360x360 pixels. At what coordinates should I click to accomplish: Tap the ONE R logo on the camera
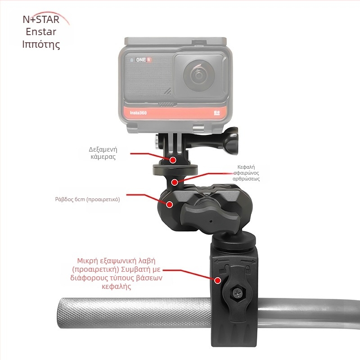(139, 59)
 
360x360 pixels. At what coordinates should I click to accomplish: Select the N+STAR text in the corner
(40, 20)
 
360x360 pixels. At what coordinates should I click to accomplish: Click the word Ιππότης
(41, 44)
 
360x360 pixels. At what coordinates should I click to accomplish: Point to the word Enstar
(41, 32)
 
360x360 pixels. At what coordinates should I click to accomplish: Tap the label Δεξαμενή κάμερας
(102, 153)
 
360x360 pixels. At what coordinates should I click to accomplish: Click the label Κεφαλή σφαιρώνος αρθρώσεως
(249, 172)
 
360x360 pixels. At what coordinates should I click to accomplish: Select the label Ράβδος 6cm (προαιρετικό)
(88, 198)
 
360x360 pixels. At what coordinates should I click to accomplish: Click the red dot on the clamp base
(218, 280)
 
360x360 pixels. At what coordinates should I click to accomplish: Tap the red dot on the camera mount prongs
(173, 159)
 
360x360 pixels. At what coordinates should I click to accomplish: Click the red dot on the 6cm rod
(170, 204)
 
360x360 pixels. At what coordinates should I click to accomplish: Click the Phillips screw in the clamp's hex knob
(237, 293)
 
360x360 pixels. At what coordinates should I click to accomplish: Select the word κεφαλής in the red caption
(117, 287)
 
